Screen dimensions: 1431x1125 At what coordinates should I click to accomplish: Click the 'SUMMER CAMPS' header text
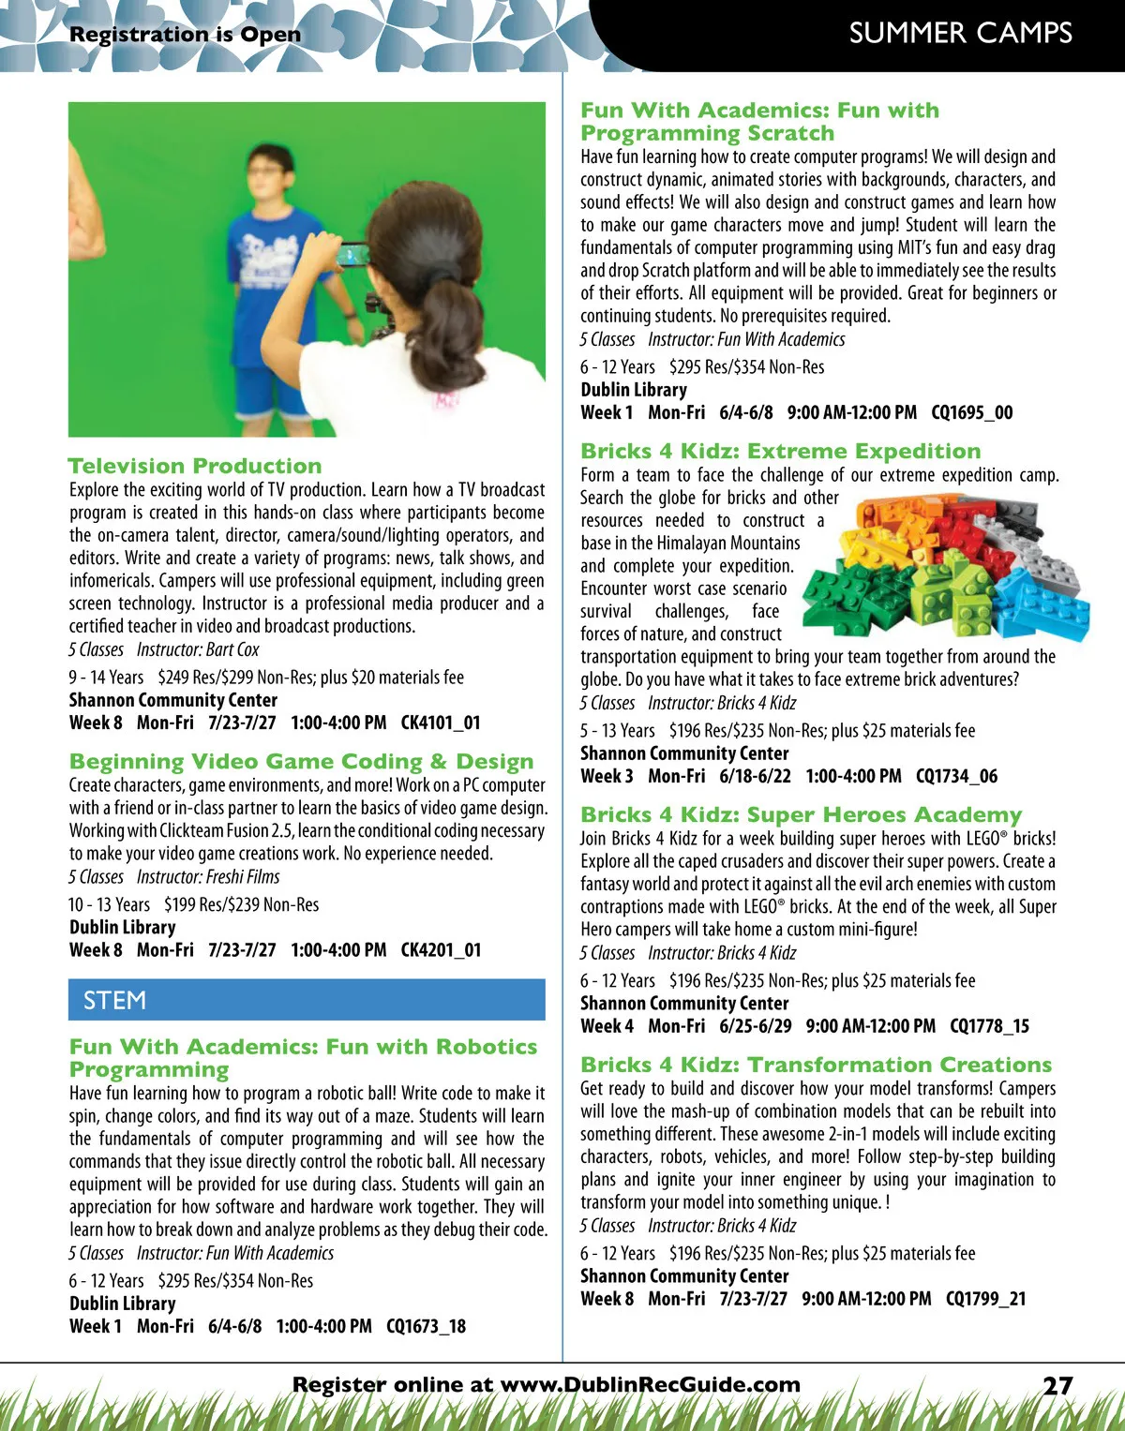(x=960, y=34)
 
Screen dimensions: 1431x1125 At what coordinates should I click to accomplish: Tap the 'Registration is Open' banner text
(x=185, y=35)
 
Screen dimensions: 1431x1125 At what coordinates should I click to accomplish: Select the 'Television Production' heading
(x=195, y=466)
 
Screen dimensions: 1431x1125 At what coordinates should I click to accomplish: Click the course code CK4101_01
(x=441, y=723)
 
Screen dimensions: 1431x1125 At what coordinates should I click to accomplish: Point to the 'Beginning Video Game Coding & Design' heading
(x=301, y=762)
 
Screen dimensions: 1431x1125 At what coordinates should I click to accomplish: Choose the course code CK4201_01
(x=441, y=950)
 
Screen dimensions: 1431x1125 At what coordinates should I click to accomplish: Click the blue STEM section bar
(x=307, y=1000)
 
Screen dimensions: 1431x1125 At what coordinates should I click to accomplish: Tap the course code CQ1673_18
(x=426, y=1326)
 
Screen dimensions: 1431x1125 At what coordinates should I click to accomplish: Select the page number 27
(x=1057, y=1385)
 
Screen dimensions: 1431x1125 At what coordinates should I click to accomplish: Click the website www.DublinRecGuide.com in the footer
(x=651, y=1385)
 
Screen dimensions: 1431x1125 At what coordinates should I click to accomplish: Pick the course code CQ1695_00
(x=971, y=412)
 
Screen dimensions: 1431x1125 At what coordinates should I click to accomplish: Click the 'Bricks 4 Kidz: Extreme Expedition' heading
(x=780, y=451)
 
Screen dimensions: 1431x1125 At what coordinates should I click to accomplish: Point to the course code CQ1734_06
(x=956, y=776)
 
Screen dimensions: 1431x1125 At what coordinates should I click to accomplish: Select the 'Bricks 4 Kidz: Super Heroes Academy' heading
(x=801, y=814)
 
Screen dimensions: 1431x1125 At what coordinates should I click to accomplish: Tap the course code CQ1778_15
(x=989, y=1026)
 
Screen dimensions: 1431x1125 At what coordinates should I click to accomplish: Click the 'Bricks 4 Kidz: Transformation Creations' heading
(x=816, y=1065)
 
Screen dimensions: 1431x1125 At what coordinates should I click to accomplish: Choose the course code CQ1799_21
(x=985, y=1299)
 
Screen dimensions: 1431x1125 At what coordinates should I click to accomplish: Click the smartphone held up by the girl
(x=354, y=254)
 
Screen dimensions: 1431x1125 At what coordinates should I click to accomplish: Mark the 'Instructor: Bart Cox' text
(x=198, y=649)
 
